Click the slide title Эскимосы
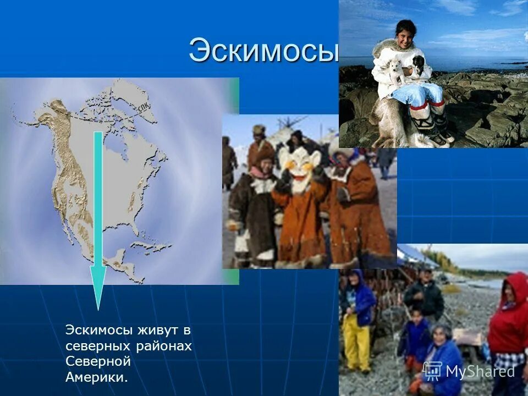[263, 51]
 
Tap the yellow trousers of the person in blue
[358, 341]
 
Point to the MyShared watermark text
[480, 372]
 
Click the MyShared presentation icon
[433, 371]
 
